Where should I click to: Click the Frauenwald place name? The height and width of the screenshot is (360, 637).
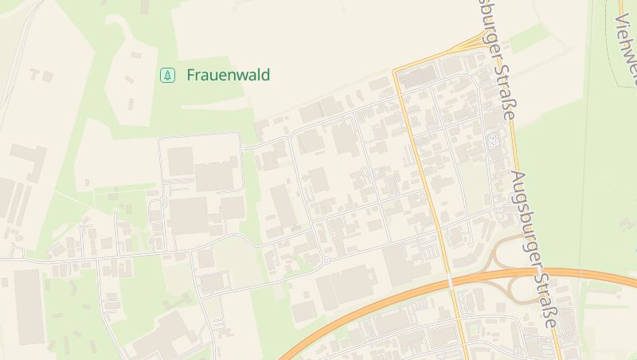(x=228, y=76)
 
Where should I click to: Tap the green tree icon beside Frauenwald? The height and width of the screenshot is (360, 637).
(x=167, y=76)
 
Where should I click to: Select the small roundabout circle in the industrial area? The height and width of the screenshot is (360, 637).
(x=326, y=260)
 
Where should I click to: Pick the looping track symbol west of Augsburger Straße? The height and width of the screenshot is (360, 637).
(x=493, y=143)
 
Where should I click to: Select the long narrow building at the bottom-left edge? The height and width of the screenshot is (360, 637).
(x=29, y=307)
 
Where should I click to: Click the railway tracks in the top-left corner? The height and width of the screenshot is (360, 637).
(x=20, y=48)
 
